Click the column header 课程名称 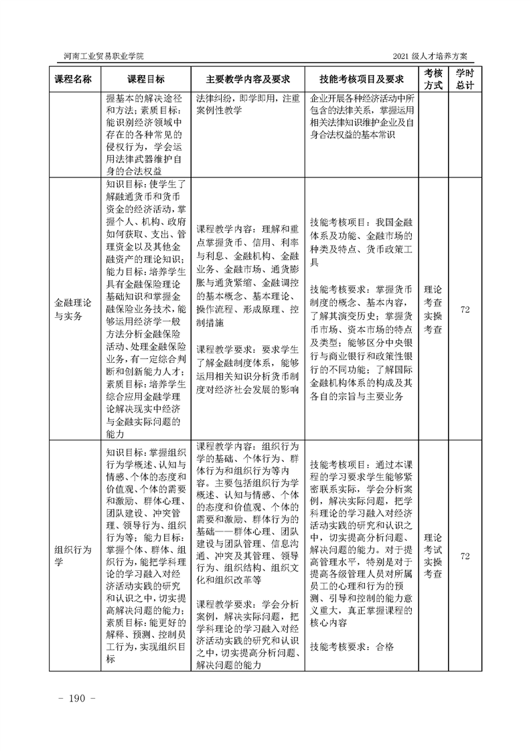(x=77, y=79)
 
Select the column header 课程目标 (x=146, y=79)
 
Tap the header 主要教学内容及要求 (x=248, y=79)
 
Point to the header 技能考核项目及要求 (x=362, y=79)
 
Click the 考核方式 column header (x=433, y=79)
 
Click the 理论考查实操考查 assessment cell (x=433, y=310)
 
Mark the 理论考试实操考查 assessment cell (x=433, y=556)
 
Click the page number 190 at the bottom (x=78, y=698)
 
